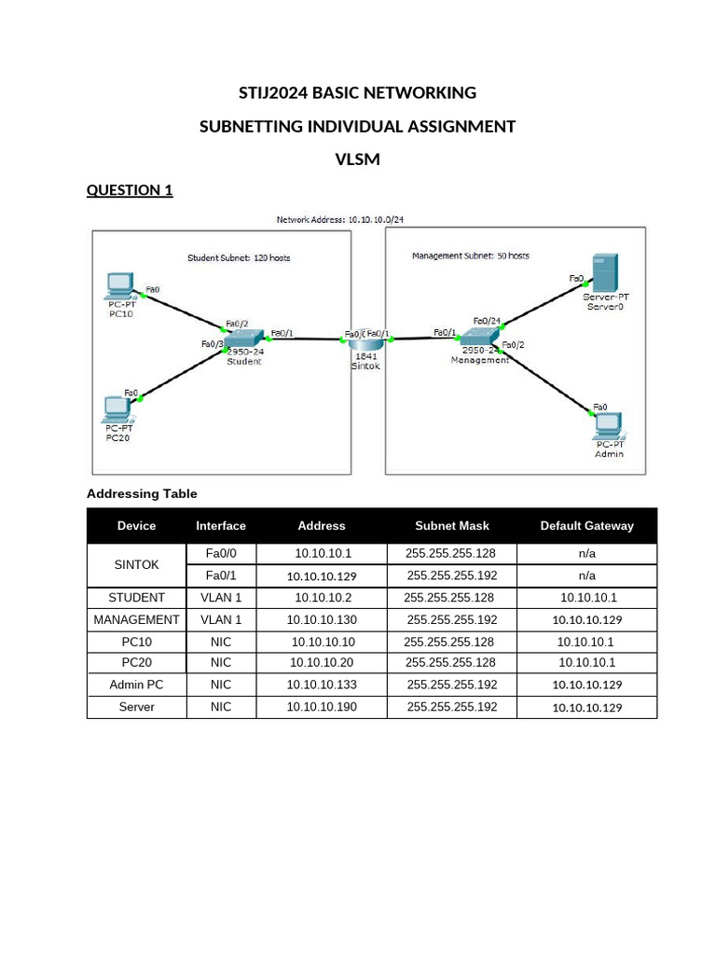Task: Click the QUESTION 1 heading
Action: pyautogui.click(x=130, y=190)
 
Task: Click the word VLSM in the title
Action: pyautogui.click(x=357, y=159)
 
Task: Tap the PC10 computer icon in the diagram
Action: pyautogui.click(x=118, y=284)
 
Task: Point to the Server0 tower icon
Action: pyautogui.click(x=603, y=272)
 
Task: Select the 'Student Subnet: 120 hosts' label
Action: pyautogui.click(x=245, y=257)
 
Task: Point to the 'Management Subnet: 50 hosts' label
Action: pyautogui.click(x=470, y=256)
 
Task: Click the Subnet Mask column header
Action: pyautogui.click(x=452, y=526)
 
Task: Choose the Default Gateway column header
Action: pyautogui.click(x=586, y=526)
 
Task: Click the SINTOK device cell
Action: pyautogui.click(x=136, y=565)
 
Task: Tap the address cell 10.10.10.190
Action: pyautogui.click(x=322, y=707)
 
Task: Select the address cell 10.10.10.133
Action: pyautogui.click(x=322, y=685)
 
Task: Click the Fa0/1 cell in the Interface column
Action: pyautogui.click(x=221, y=575)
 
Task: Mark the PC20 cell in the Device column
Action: pyautogui.click(x=136, y=663)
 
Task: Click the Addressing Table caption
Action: pyautogui.click(x=142, y=493)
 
